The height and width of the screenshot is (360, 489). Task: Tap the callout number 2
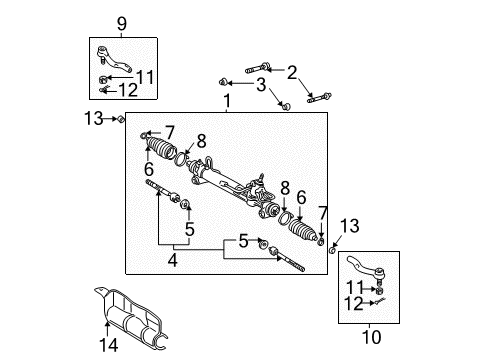(291, 71)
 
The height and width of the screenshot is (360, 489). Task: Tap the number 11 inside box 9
(145, 76)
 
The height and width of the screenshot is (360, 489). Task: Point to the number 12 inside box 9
(129, 91)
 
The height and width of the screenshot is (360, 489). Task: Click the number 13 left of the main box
(93, 119)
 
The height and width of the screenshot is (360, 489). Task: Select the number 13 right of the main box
(348, 225)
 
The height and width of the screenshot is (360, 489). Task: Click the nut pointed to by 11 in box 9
(105, 76)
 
